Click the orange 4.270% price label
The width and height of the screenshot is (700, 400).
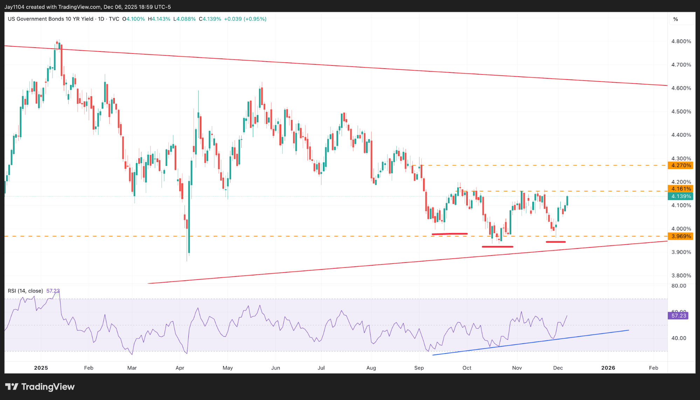[x=681, y=165]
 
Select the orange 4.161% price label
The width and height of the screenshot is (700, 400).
[x=681, y=189]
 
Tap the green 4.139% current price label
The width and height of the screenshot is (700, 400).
[x=681, y=196]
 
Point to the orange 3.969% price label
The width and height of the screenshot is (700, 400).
[x=681, y=236]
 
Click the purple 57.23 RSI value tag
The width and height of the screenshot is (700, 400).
[x=679, y=316]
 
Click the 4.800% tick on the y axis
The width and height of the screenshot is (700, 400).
[x=681, y=41]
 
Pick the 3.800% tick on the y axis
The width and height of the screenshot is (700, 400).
[x=681, y=275]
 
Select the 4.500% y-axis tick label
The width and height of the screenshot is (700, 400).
[x=681, y=112]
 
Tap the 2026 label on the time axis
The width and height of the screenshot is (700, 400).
[x=608, y=368]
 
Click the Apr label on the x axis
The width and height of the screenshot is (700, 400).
[x=180, y=368]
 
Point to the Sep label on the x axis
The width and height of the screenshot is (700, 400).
[x=419, y=368]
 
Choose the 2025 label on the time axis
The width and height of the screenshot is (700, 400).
[x=41, y=368]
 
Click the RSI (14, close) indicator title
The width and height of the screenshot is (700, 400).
[x=25, y=291]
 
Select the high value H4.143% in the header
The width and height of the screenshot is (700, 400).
[x=159, y=19]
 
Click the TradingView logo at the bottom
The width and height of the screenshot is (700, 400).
[x=40, y=387]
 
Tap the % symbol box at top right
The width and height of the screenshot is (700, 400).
[x=675, y=19]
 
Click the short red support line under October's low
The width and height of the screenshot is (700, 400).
[x=497, y=247]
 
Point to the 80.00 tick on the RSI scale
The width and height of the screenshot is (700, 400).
[x=679, y=286]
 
